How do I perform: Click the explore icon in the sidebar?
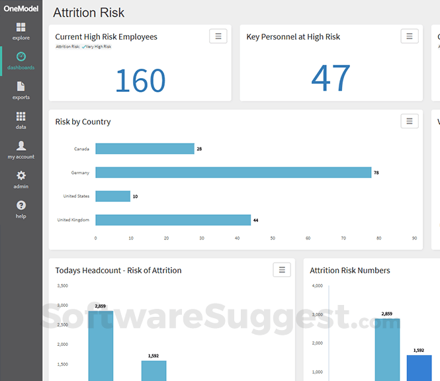point(21,27)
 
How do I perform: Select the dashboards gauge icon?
point(21,56)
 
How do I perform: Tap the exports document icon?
point(21,87)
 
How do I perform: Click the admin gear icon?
point(21,175)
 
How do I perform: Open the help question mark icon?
point(21,205)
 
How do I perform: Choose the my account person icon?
point(21,146)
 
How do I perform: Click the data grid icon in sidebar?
point(21,116)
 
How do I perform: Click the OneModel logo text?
point(21,9)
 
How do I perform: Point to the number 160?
point(140,81)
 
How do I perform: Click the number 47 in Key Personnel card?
point(331,77)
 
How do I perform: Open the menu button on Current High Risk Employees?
point(218,36)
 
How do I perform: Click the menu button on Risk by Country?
point(410,121)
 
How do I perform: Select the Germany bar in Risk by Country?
point(234,173)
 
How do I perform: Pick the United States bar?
point(112,196)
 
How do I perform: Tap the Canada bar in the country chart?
point(145,149)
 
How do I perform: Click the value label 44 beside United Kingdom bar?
point(255,220)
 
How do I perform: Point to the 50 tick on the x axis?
point(273,238)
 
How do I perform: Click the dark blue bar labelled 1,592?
point(419,368)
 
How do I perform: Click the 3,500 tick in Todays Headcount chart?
point(63,286)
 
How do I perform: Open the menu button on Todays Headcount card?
point(282,270)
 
